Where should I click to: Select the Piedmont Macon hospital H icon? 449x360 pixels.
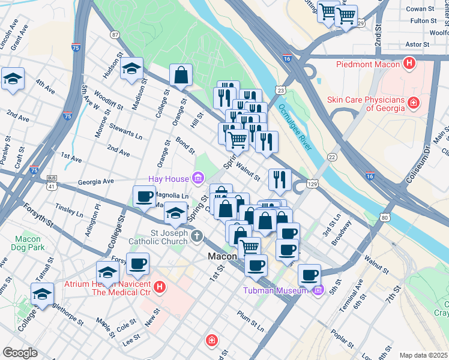tap(409, 62)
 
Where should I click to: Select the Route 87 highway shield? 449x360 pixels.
tap(115, 35)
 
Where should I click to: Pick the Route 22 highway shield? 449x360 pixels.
tap(331, 157)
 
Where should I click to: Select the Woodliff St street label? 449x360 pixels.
tap(108, 100)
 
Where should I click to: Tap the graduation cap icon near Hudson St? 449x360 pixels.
tap(131, 68)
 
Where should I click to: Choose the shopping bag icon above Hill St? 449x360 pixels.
tap(181, 76)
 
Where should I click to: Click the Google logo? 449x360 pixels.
tap(20, 353)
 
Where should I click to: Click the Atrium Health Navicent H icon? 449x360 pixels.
tap(159, 287)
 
